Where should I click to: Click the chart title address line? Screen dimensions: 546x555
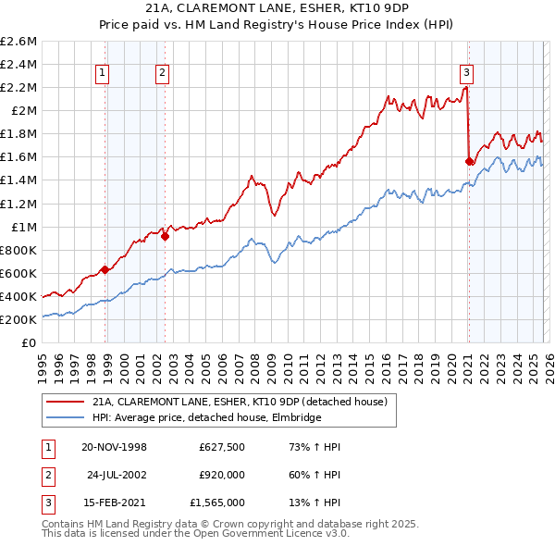click(276, 7)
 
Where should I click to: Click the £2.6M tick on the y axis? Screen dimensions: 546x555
click(18, 42)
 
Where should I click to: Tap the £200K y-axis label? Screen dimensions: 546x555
click(18, 319)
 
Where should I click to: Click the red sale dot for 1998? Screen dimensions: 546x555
click(105, 270)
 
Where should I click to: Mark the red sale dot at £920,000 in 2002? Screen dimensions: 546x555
click(166, 236)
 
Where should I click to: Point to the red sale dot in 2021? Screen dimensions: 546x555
click(469, 161)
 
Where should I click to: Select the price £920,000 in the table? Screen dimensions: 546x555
click(222, 475)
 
